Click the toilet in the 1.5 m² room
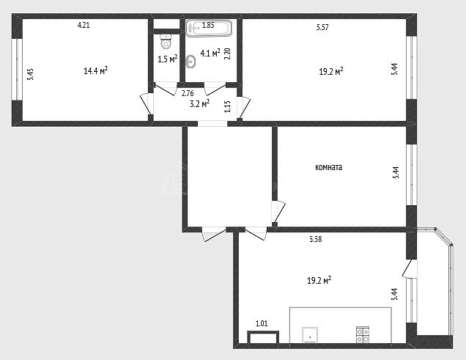point(166,41)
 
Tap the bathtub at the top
point(209,29)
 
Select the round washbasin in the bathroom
point(191,62)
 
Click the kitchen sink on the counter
point(310,335)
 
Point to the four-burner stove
point(363,335)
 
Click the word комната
point(328,167)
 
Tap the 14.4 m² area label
point(95,70)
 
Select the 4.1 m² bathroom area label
point(210,54)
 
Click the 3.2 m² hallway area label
point(199,104)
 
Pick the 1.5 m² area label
point(168,59)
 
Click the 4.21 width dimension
point(84,25)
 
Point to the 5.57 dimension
point(322,27)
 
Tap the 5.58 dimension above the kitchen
point(316,239)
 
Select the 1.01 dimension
point(262,323)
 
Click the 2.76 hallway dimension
point(188,93)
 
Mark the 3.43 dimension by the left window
point(30,74)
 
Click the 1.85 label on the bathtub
point(208,25)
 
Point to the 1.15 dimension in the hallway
point(227,106)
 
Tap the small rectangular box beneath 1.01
point(263,337)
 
